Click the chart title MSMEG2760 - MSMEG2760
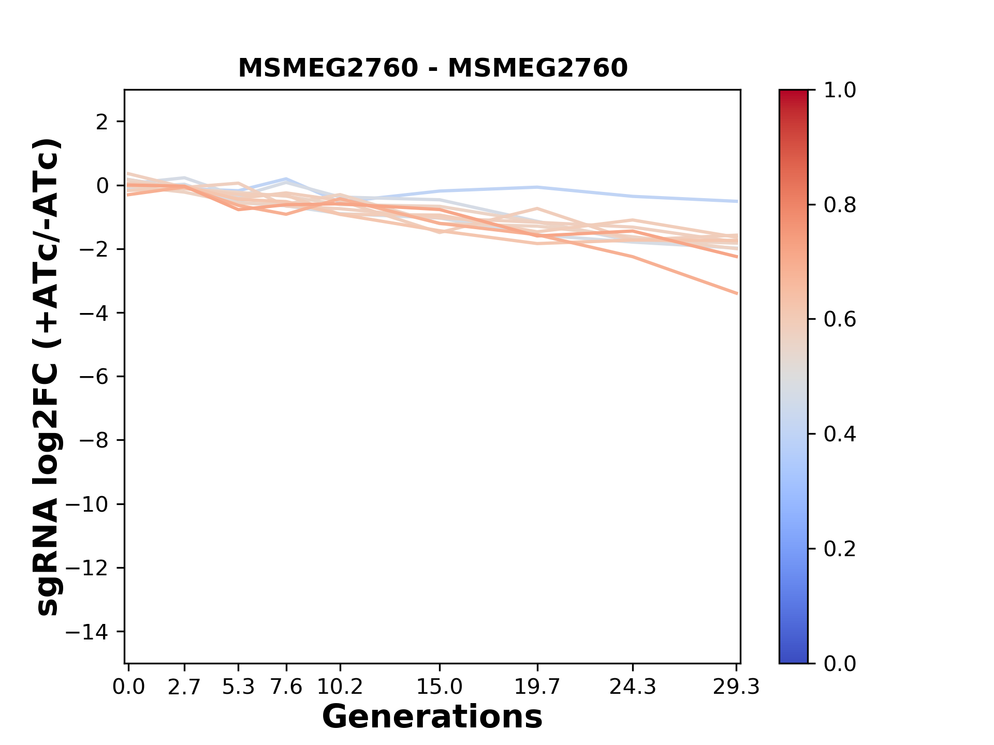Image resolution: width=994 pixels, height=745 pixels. pyautogui.click(x=433, y=68)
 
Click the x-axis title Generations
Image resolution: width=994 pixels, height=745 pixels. pyautogui.click(x=432, y=717)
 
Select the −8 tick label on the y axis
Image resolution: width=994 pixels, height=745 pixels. pyautogui.click(x=94, y=441)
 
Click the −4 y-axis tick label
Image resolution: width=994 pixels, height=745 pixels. pyautogui.click(x=94, y=313)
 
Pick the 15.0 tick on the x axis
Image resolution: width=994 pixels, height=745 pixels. pyautogui.click(x=439, y=687)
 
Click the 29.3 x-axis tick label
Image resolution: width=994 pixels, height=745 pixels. pyautogui.click(x=736, y=687)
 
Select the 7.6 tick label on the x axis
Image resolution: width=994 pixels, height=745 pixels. pyautogui.click(x=286, y=687)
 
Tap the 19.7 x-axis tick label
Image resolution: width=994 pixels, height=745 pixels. pyautogui.click(x=537, y=687)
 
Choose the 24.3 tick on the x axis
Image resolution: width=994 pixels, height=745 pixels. pyautogui.click(x=632, y=687)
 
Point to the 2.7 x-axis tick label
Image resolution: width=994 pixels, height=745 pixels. pyautogui.click(x=184, y=687)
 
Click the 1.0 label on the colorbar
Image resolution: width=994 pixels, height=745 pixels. pyautogui.click(x=840, y=91)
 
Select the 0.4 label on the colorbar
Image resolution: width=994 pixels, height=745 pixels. pyautogui.click(x=840, y=434)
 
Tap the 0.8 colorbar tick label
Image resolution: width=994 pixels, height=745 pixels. pyautogui.click(x=840, y=205)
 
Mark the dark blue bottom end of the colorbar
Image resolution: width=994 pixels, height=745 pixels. pyautogui.click(x=793, y=659)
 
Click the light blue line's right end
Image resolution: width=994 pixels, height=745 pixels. pyautogui.click(x=737, y=201)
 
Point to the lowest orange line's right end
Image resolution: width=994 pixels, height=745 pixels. pyautogui.click(x=737, y=293)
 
